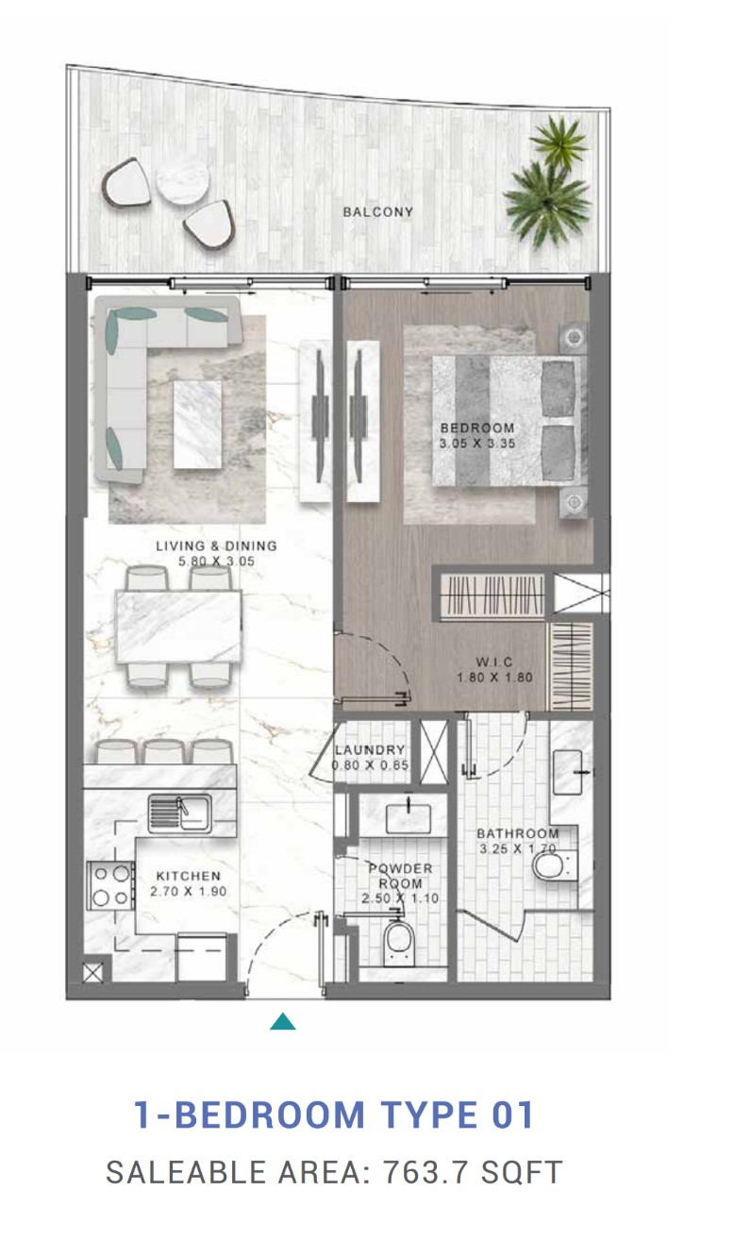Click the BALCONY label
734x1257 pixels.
tap(377, 212)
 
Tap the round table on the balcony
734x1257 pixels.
tap(183, 179)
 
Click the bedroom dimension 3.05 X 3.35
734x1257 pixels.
tap(477, 444)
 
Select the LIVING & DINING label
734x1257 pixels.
tap(216, 545)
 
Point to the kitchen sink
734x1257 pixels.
tap(179, 813)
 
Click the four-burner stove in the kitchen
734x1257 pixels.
tap(110, 886)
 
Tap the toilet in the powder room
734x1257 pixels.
tap(399, 943)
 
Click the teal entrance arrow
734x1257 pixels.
tap(282, 1021)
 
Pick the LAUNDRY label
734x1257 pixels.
tap(370, 749)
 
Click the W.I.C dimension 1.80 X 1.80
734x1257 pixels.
tap(494, 678)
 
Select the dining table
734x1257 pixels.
tap(178, 627)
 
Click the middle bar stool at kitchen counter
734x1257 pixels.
tap(164, 752)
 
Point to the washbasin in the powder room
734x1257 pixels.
tap(408, 818)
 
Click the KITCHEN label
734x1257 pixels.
tap(189, 876)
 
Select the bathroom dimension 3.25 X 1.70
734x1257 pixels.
tap(517, 849)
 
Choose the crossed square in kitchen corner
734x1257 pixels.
tap(93, 974)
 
